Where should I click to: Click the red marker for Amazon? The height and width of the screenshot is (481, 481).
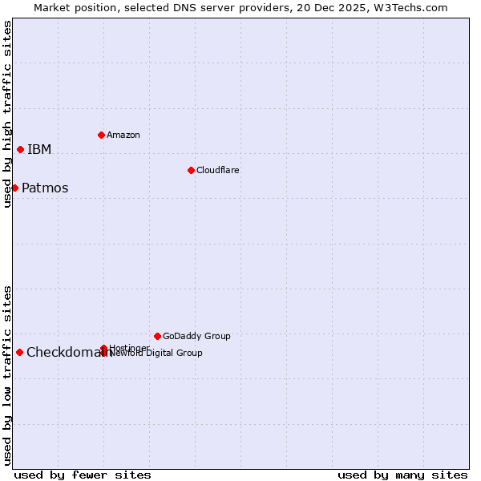tap(101, 135)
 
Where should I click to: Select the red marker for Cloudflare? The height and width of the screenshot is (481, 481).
tap(191, 170)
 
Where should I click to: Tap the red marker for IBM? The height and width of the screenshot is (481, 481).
tap(20, 149)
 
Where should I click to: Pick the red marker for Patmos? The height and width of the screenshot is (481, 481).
tap(14, 188)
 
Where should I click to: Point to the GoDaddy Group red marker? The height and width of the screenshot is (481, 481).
tap(157, 336)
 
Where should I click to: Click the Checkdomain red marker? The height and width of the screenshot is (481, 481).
tap(19, 352)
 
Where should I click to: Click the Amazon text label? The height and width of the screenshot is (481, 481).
tap(123, 135)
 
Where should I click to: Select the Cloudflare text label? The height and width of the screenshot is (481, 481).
tap(218, 170)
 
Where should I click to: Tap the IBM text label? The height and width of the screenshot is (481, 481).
tap(39, 150)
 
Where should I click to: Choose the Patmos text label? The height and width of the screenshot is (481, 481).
tap(45, 188)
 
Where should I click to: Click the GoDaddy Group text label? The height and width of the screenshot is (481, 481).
tap(196, 336)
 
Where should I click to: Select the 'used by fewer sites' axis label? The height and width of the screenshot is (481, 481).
tap(83, 475)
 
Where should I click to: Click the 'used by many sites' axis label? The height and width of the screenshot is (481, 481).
tap(402, 475)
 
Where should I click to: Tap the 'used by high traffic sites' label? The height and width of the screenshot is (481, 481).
tap(7, 114)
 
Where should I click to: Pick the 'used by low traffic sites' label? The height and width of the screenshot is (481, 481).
tap(7, 375)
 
